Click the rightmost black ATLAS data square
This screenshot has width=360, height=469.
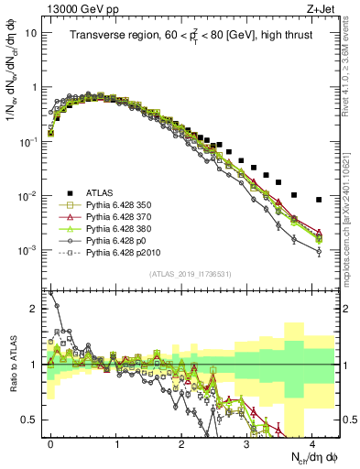click(x=319, y=200)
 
